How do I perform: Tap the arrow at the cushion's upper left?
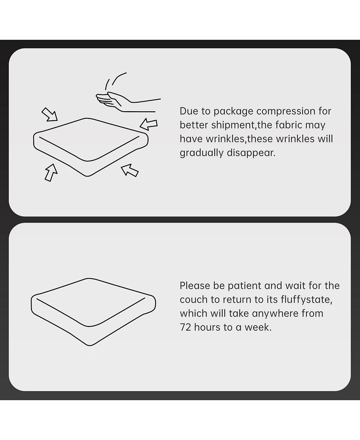(49, 114)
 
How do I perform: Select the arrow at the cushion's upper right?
(148, 124)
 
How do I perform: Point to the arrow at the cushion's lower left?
(51, 172)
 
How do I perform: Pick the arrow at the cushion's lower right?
(130, 170)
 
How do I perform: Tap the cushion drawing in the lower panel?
(93, 312)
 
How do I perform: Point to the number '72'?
(185, 327)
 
